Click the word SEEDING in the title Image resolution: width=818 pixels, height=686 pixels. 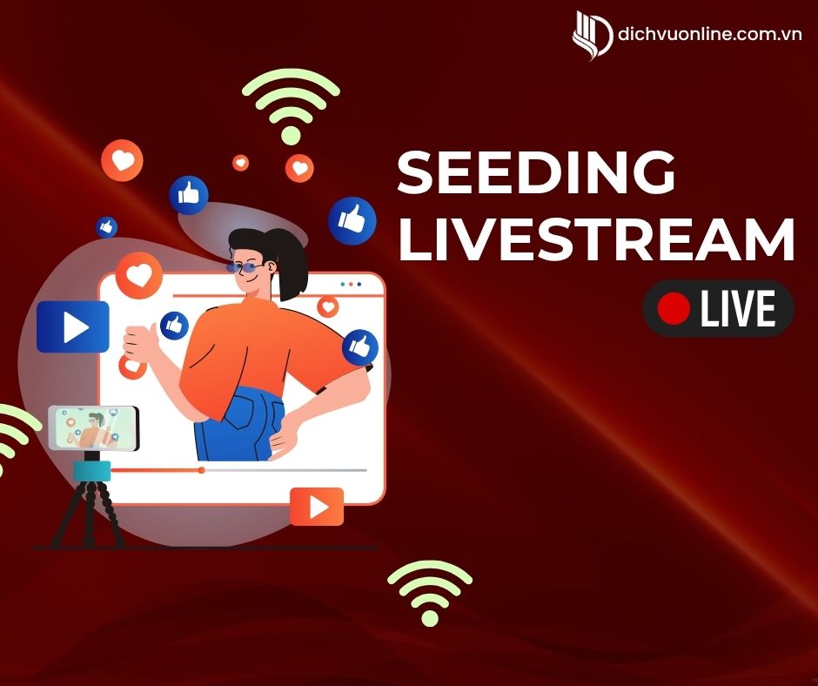click(536, 171)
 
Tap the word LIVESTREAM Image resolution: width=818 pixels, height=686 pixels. click(596, 239)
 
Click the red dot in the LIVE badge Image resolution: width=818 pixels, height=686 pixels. click(674, 308)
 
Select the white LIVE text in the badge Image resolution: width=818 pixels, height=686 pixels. click(738, 308)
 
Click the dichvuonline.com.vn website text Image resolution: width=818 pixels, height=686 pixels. click(709, 34)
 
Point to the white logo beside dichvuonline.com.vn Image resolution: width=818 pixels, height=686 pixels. click(593, 35)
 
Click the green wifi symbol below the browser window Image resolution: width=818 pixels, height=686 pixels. click(429, 594)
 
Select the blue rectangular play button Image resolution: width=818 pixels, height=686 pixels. click(72, 326)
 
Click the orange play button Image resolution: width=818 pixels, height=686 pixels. click(317, 507)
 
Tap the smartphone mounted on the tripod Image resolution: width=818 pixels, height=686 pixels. click(93, 428)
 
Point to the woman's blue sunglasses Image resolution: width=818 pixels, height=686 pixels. click(245, 268)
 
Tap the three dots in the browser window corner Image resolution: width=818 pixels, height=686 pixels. click(351, 285)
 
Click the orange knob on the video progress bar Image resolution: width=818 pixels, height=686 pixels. click(201, 470)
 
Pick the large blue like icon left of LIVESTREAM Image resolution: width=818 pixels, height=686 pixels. click(352, 220)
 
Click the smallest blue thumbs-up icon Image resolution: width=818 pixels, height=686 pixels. click(106, 227)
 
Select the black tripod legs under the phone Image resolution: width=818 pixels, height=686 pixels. click(88, 514)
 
